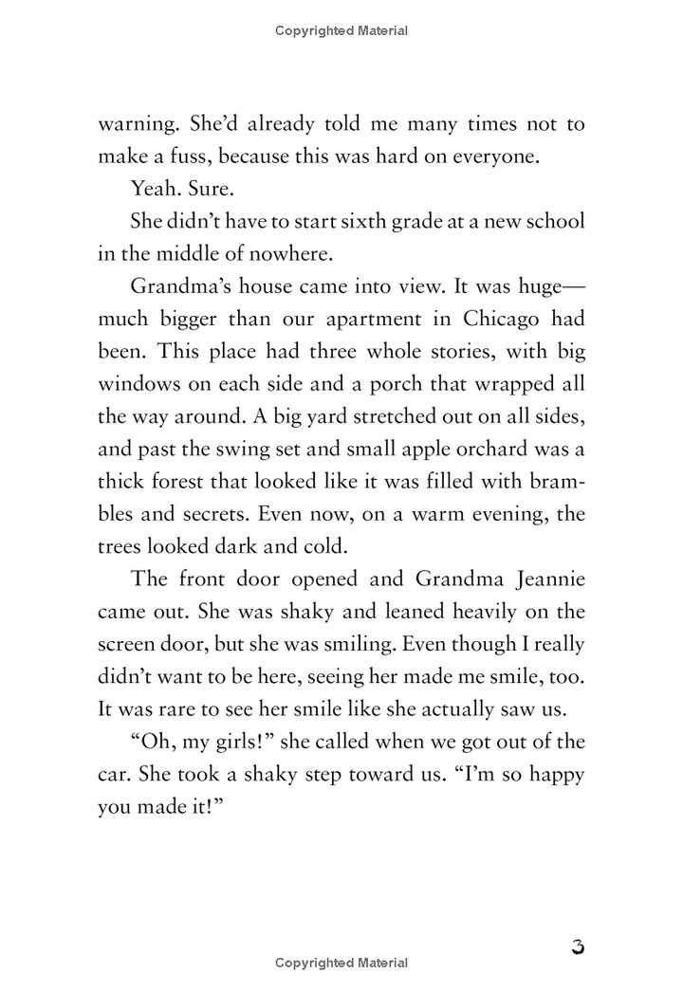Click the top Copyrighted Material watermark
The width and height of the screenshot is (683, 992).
click(341, 30)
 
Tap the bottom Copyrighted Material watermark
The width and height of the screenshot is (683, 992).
click(341, 963)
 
